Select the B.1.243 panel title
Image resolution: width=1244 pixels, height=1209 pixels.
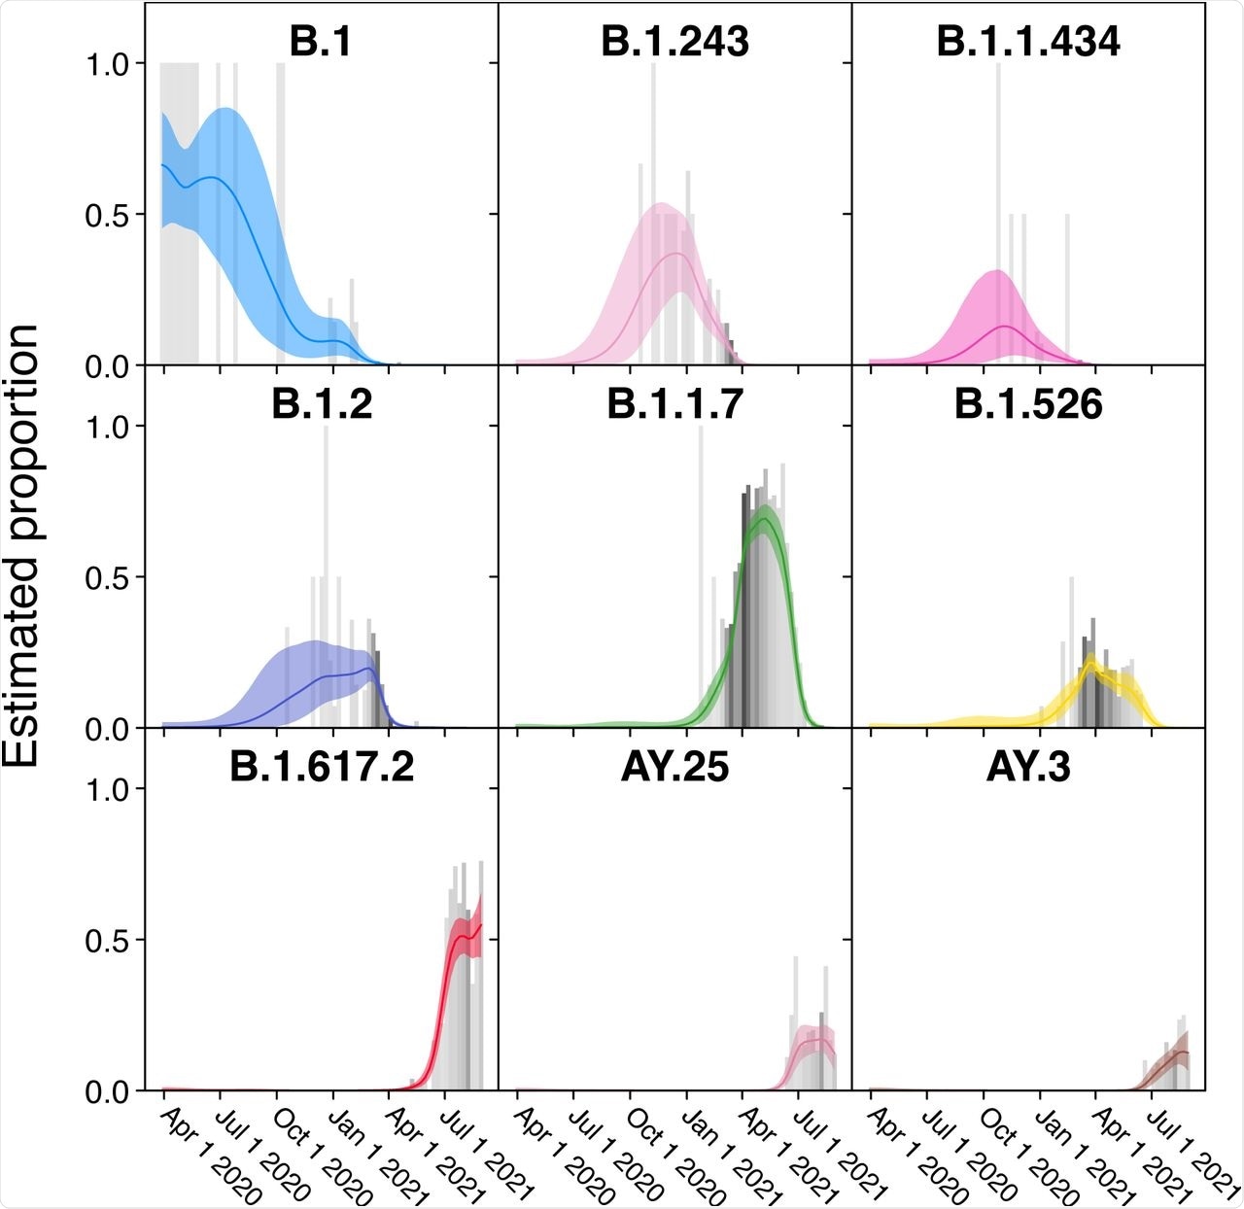675,42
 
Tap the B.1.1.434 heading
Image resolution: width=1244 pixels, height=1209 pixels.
1028,42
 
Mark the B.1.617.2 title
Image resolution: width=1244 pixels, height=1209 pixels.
322,767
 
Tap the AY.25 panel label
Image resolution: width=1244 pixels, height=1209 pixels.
675,767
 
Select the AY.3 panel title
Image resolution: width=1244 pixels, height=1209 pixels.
1028,767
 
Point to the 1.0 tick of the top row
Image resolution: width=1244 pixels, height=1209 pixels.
107,64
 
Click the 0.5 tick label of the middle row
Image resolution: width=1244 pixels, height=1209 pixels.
107,577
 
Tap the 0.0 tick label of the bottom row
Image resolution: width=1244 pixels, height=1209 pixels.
107,1091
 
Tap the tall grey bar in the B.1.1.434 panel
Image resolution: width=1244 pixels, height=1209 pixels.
997,194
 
